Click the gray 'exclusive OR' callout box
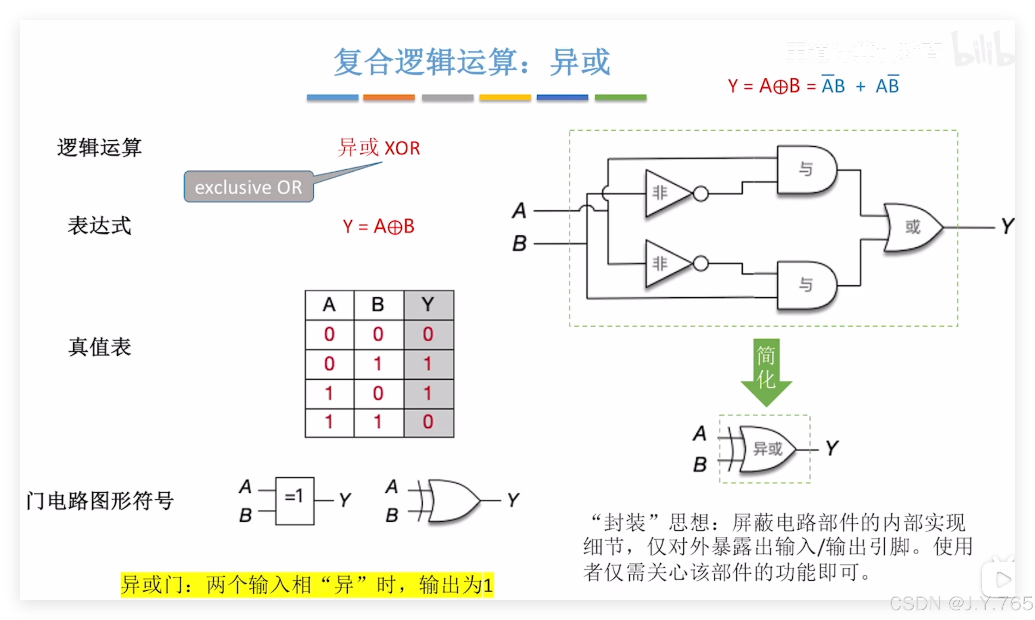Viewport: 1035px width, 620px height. pyautogui.click(x=249, y=187)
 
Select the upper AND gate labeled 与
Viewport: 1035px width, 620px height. pyautogui.click(x=806, y=170)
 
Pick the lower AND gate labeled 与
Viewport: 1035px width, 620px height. pyautogui.click(x=806, y=285)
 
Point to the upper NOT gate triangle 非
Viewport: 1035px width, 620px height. pyautogui.click(x=664, y=193)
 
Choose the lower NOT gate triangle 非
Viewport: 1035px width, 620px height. pyautogui.click(x=664, y=264)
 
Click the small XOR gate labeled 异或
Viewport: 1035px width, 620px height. pyautogui.click(x=767, y=449)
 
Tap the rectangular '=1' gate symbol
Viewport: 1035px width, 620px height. pyautogui.click(x=295, y=501)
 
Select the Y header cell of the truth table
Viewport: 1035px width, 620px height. pyautogui.click(x=428, y=305)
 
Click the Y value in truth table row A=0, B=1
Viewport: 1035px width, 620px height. pyautogui.click(x=428, y=364)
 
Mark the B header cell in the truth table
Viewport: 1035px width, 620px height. pyautogui.click(x=378, y=305)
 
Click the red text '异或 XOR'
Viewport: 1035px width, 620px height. pyautogui.click(x=379, y=148)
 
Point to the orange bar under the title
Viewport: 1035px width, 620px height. pyautogui.click(x=389, y=98)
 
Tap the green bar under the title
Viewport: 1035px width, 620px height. pyautogui.click(x=621, y=98)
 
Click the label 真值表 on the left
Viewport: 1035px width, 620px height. pyautogui.click(x=100, y=347)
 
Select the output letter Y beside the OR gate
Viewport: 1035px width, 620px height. pyautogui.click(x=1007, y=226)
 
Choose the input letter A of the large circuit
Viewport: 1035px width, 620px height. pyautogui.click(x=519, y=210)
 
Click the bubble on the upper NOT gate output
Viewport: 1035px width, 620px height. pyautogui.click(x=701, y=194)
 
